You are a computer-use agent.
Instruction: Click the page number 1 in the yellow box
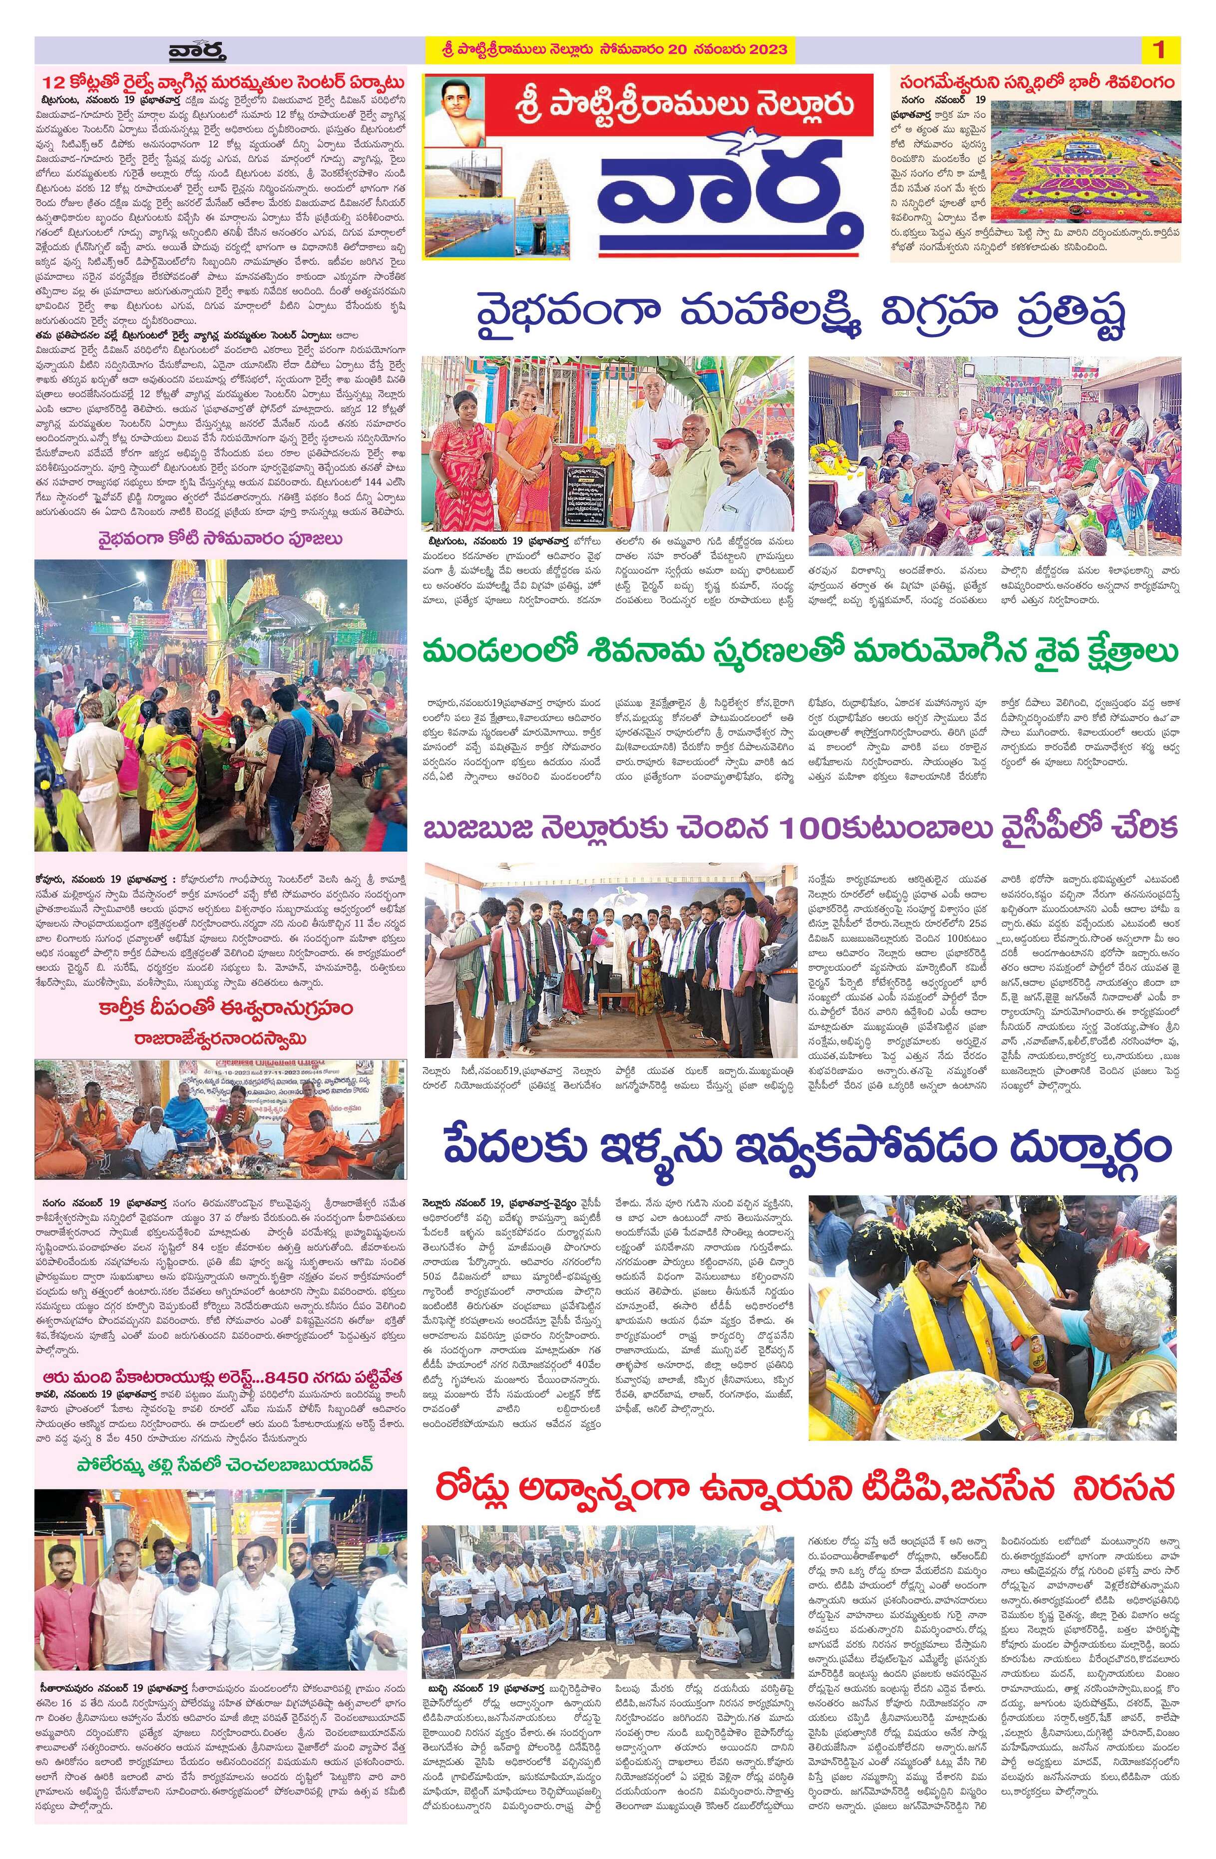click(x=1158, y=50)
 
